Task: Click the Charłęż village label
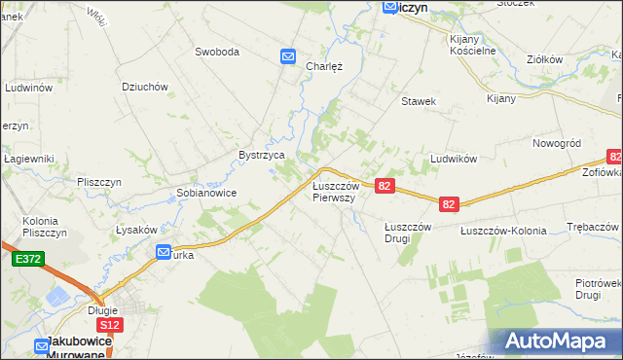323,66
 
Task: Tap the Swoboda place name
216,52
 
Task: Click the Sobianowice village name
206,193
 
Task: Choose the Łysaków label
136,229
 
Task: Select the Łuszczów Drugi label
408,232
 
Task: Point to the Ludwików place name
452,158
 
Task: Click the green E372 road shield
27,260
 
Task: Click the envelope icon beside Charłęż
289,57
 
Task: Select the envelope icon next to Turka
164,252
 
